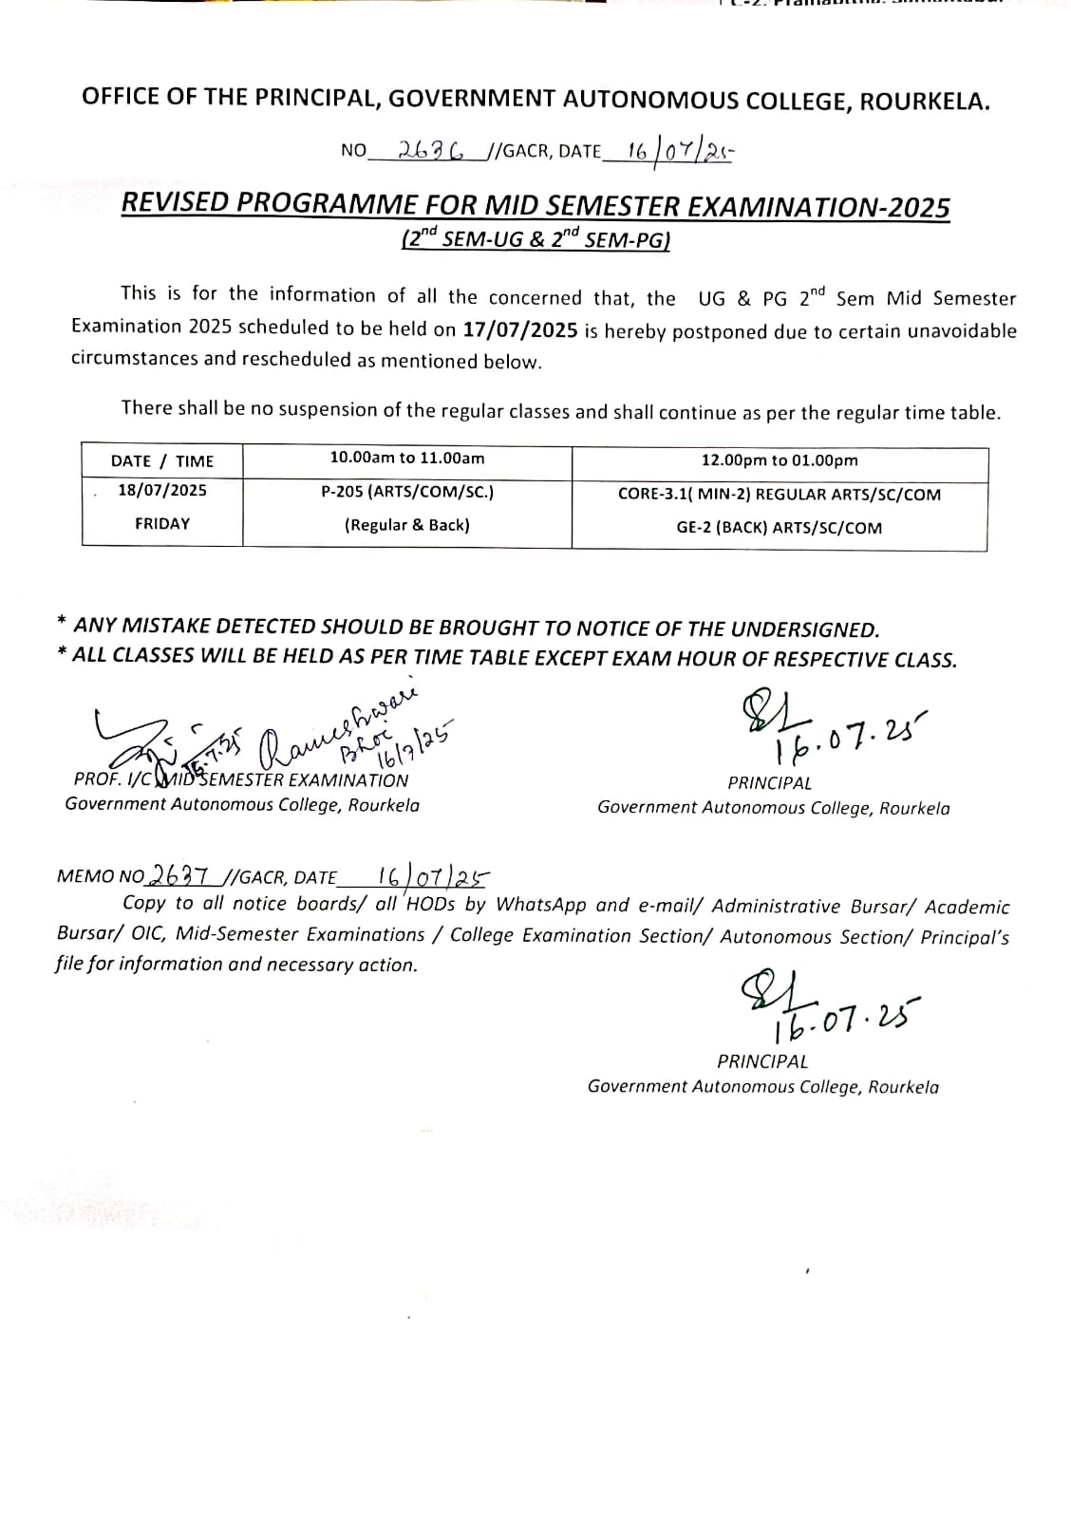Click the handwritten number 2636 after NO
pos(432,150)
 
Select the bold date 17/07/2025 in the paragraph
pos(520,329)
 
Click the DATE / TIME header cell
pos(162,461)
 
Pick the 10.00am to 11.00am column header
pos(407,458)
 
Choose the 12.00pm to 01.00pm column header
pos(780,460)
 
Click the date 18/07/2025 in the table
pos(162,491)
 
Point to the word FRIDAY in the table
pos(162,523)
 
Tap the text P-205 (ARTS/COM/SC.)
pos(407,492)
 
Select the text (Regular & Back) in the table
pos(407,525)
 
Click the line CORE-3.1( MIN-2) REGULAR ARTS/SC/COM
pos(780,494)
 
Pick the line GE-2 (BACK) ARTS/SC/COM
pos(780,528)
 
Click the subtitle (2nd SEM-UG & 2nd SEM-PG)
pos(536,239)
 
